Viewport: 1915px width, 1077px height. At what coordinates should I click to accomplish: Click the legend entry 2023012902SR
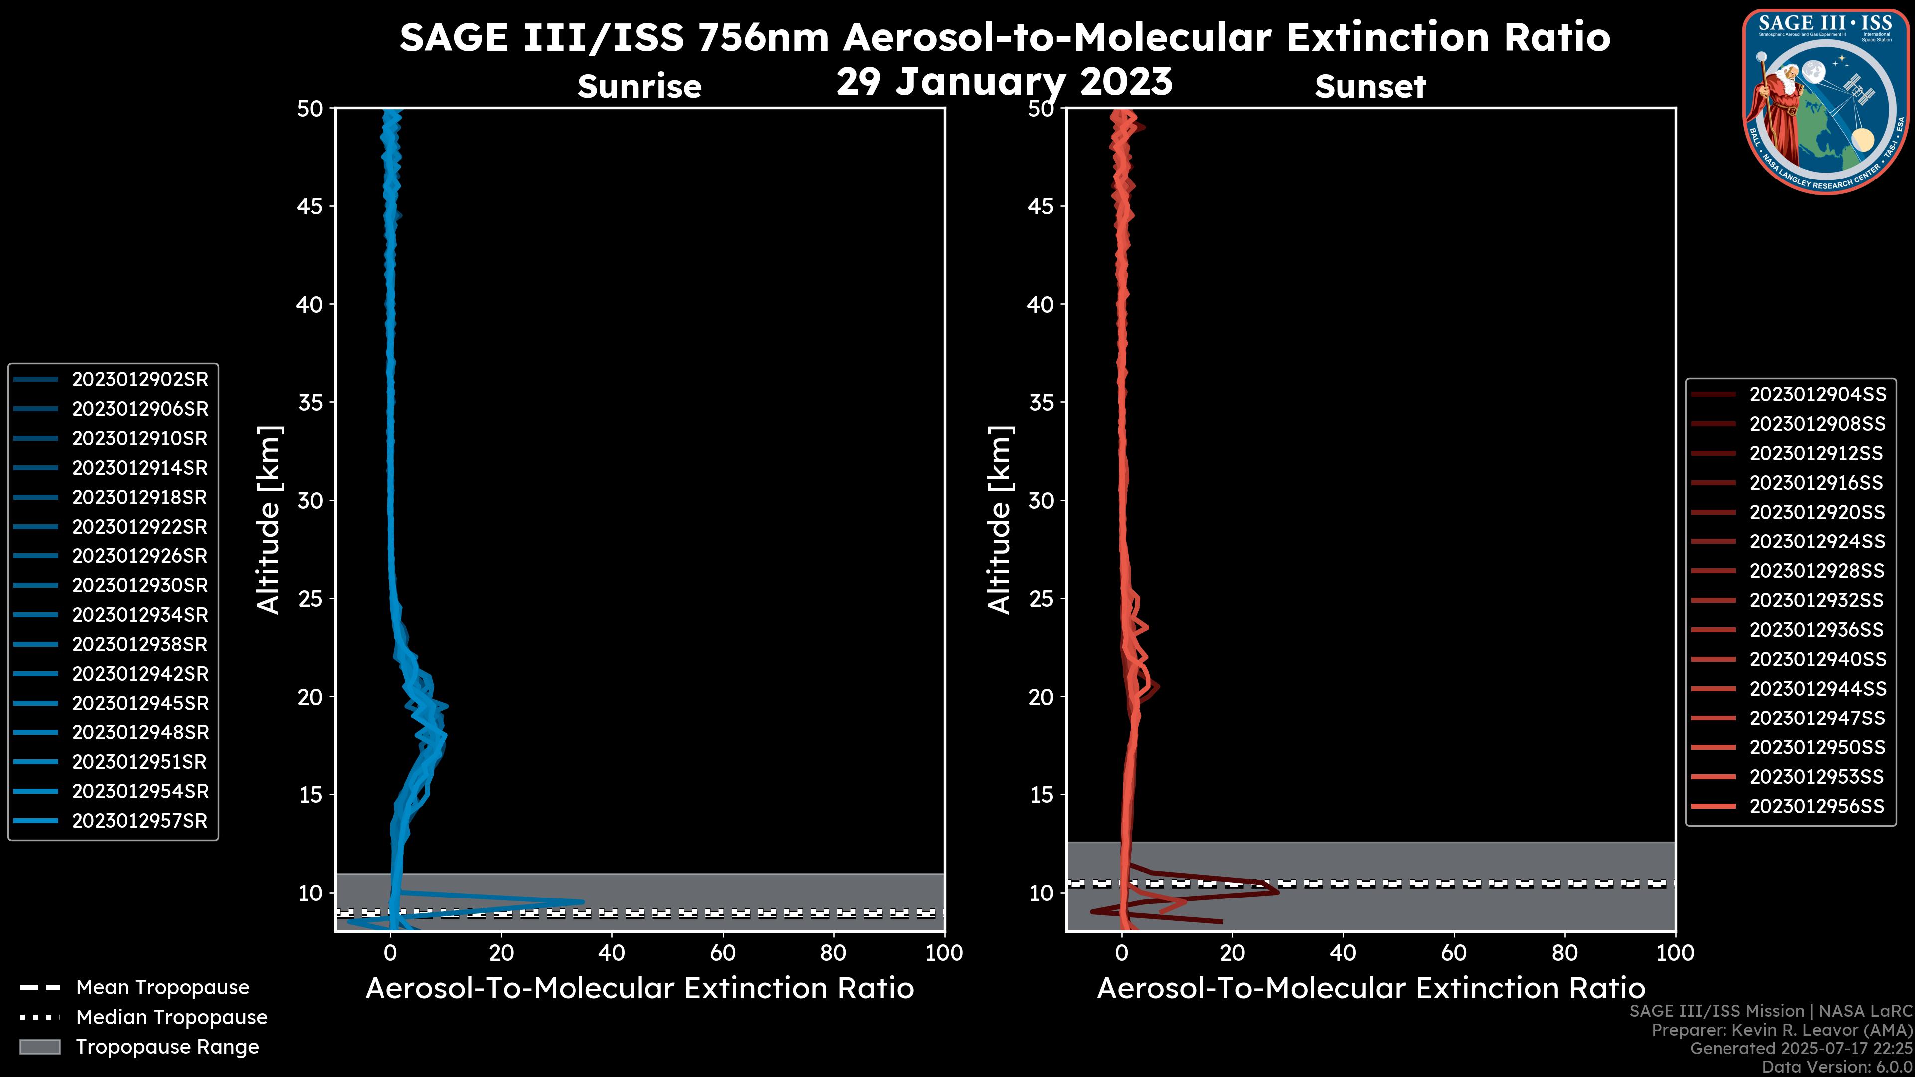pos(140,380)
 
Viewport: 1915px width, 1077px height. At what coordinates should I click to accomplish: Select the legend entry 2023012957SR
pos(140,821)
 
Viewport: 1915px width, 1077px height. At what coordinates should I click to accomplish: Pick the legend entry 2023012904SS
pos(1817,395)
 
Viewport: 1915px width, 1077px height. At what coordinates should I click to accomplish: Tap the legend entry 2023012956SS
pos(1817,806)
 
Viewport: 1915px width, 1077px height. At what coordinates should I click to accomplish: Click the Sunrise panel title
pos(639,86)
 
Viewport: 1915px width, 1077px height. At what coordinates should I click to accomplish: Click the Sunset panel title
pos(1370,86)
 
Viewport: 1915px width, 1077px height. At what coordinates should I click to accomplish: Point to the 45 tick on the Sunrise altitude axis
pos(310,206)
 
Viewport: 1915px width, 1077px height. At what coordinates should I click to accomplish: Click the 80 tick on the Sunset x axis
pos(1565,953)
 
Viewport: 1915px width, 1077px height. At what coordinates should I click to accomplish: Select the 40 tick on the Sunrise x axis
pos(612,953)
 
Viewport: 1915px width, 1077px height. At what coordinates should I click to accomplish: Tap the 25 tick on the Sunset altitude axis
pos(1041,598)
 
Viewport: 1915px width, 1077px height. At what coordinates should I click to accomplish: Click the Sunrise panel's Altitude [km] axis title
pos(269,520)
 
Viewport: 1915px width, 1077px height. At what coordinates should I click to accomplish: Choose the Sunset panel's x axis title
pos(1370,989)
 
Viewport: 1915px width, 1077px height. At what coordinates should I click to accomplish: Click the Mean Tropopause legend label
pos(163,988)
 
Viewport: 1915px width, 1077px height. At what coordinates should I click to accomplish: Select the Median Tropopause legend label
pos(172,1018)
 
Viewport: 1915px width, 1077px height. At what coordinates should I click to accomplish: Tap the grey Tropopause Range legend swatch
pos(39,1047)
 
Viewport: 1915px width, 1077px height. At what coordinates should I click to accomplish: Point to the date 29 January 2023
pos(1004,82)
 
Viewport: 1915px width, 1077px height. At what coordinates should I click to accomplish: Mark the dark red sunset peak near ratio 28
pos(1278,890)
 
